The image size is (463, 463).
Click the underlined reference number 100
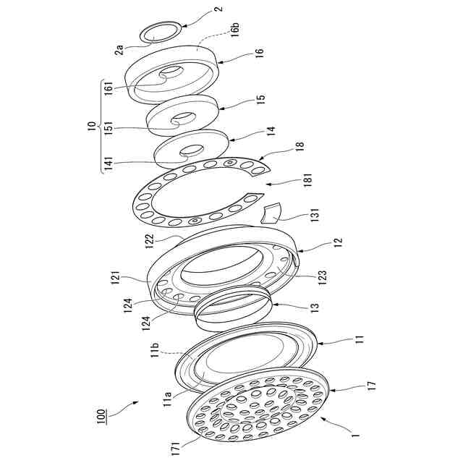point(101,416)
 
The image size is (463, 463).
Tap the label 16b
point(235,29)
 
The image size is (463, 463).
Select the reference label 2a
point(120,49)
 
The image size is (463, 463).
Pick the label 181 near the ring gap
point(307,180)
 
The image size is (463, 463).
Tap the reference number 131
point(315,216)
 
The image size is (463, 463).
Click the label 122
point(150,242)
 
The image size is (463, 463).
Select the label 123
point(323,276)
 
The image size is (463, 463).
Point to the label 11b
point(155,350)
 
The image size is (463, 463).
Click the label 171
point(175,449)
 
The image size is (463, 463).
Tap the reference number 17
point(372,386)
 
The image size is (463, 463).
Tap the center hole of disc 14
point(192,150)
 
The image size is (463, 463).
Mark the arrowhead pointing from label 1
point(323,418)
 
